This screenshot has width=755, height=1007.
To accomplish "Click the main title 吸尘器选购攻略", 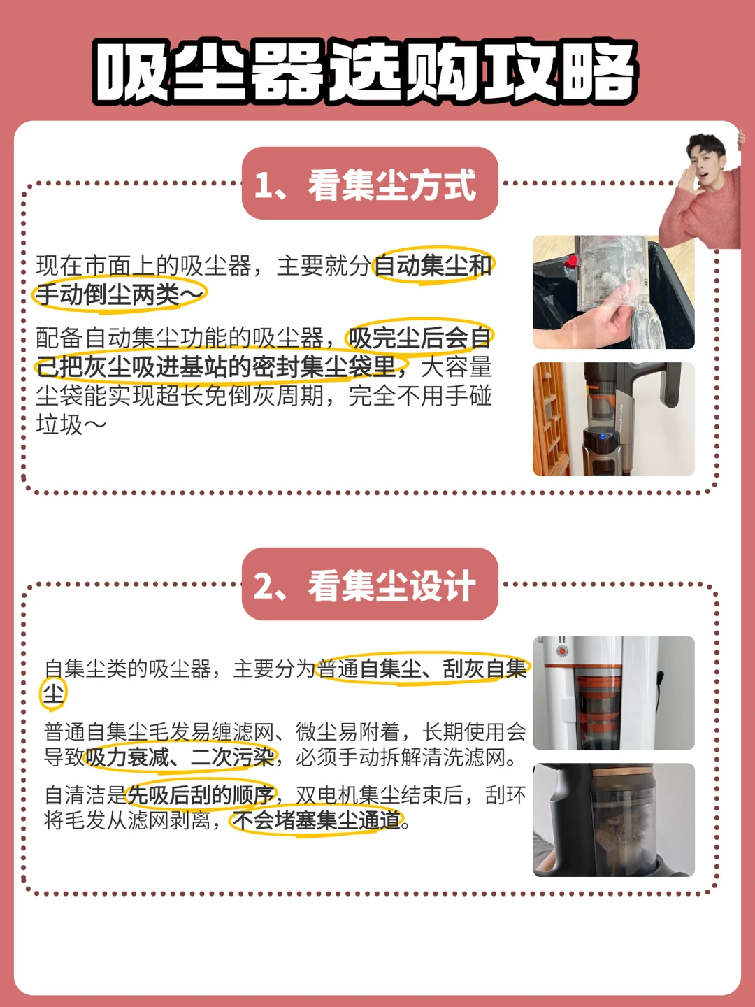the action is point(365,73).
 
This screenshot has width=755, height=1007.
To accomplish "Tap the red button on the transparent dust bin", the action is point(571,262).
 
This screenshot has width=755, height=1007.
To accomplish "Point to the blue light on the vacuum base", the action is point(603,436).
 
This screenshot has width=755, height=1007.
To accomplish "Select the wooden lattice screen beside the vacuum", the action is point(551,418).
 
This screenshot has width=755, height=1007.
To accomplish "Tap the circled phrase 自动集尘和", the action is point(433,265).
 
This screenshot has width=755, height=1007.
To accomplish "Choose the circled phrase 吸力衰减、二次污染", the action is point(180,757).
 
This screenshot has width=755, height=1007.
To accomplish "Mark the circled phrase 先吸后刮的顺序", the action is point(201,795).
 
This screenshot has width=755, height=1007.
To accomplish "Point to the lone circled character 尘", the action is point(53,693).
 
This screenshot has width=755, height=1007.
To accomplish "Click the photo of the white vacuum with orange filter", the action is point(614,693).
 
